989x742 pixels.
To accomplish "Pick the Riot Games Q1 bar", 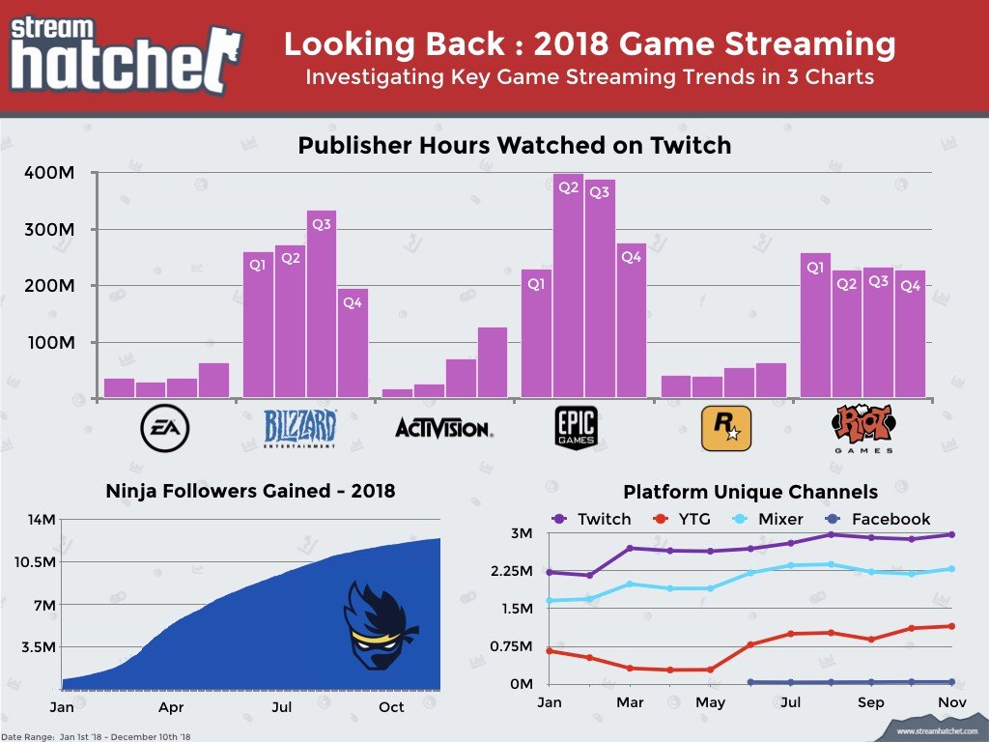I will tap(815, 325).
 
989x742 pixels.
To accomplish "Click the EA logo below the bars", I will tap(164, 428).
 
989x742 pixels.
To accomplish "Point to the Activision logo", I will tap(443, 428).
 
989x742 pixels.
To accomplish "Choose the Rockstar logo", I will tap(723, 428).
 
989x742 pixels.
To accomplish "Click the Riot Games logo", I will tap(862, 429).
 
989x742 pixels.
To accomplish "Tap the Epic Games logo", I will tap(577, 427).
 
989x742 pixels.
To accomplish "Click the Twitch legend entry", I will tap(591, 519).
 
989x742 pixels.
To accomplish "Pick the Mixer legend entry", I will tap(768, 519).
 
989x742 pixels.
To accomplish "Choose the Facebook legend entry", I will tap(876, 519).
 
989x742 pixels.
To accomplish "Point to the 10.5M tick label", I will tap(34, 562).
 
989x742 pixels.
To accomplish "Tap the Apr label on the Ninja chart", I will tap(172, 708).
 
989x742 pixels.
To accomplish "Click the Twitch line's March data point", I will tap(630, 548).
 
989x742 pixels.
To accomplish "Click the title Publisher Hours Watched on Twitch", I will tap(514, 146).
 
